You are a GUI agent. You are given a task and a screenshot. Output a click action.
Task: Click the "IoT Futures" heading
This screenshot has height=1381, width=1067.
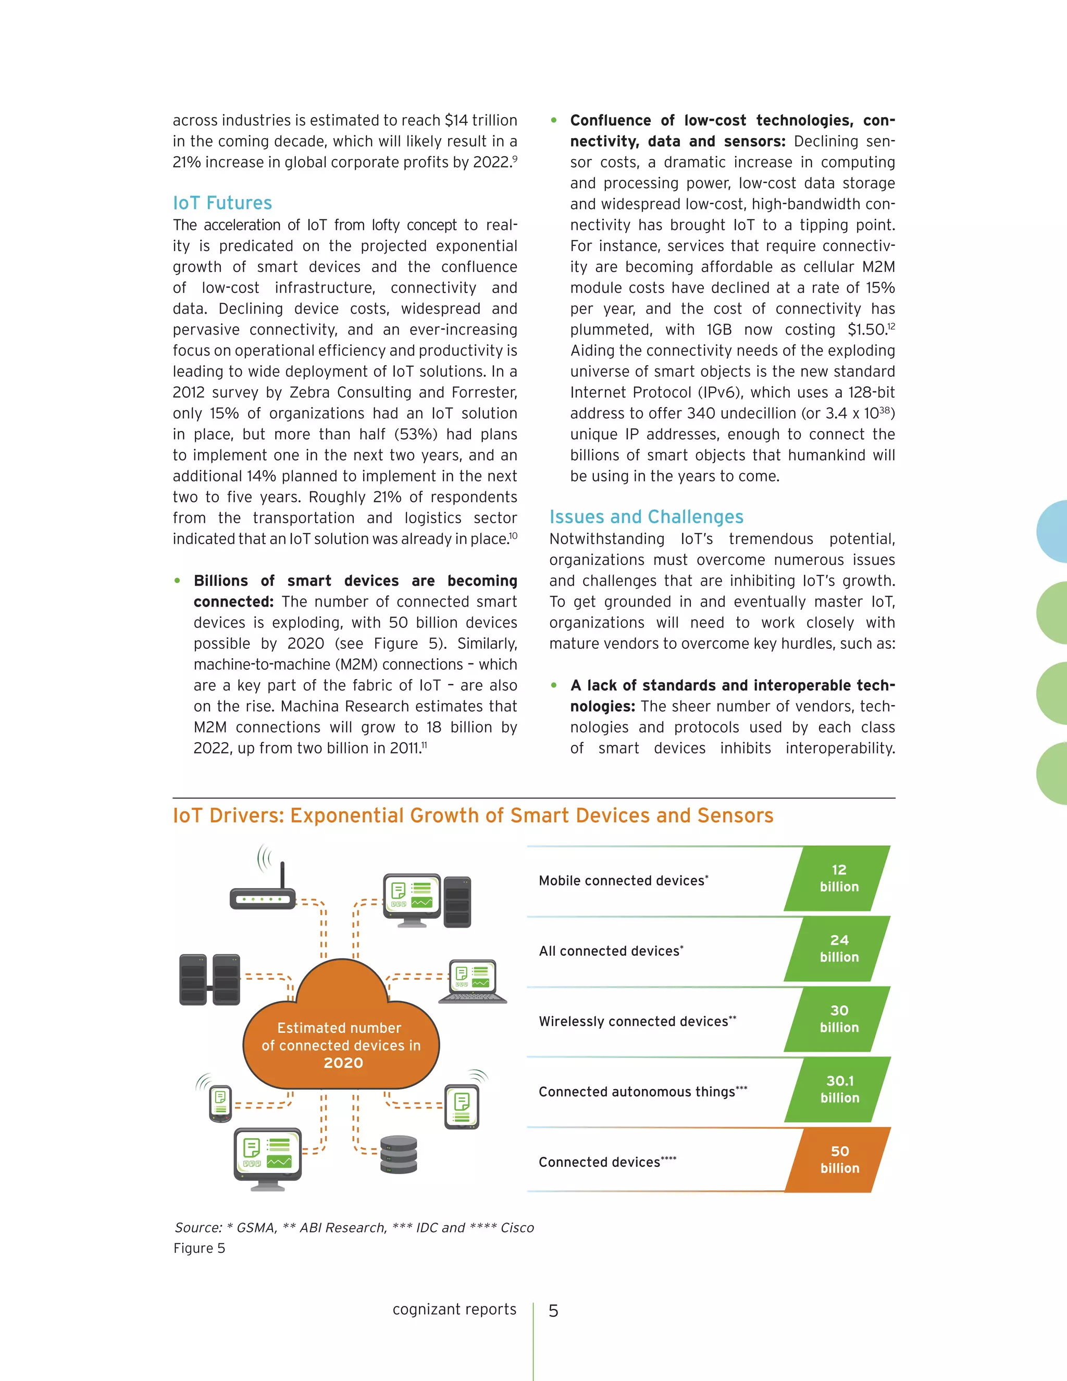pyautogui.click(x=222, y=203)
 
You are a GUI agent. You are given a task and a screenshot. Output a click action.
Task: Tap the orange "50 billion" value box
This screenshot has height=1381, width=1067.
pyautogui.click(x=839, y=1159)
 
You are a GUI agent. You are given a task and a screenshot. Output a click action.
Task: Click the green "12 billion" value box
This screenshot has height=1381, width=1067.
pyautogui.click(x=839, y=878)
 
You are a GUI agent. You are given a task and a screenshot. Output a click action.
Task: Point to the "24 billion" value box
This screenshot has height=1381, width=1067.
pyautogui.click(x=839, y=948)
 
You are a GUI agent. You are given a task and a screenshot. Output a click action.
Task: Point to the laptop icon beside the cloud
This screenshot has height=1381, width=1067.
pyautogui.click(x=474, y=981)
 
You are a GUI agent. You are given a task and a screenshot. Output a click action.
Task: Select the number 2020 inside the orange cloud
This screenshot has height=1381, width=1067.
pyautogui.click(x=343, y=1063)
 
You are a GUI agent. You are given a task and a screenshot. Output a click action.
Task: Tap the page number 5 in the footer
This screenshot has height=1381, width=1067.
pyautogui.click(x=553, y=1312)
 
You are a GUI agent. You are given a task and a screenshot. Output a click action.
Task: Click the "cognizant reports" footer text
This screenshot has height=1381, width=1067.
pyautogui.click(x=454, y=1310)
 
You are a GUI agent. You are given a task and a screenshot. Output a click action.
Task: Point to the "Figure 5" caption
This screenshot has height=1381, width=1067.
pyautogui.click(x=199, y=1248)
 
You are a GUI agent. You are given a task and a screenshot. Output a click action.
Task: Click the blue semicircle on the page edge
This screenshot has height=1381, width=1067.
pyautogui.click(x=1053, y=531)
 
